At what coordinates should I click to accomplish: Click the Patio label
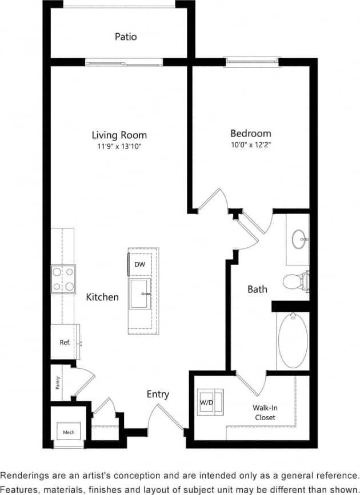click(x=126, y=37)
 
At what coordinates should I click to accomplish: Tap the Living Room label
click(x=119, y=135)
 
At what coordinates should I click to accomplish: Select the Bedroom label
click(x=251, y=134)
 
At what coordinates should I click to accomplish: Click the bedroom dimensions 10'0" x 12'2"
click(x=251, y=145)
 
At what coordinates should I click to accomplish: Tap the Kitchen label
click(x=103, y=297)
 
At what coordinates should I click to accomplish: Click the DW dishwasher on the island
click(x=139, y=265)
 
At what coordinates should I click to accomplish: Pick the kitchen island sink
click(x=141, y=293)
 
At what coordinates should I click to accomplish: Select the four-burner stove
click(x=63, y=279)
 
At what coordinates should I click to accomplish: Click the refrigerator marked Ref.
click(x=65, y=343)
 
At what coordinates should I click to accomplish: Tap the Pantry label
click(x=58, y=382)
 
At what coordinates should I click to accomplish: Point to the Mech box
click(x=69, y=432)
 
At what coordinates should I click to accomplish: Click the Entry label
click(x=158, y=394)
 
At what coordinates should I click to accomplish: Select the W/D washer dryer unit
click(x=206, y=403)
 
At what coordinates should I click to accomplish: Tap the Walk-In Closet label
click(x=265, y=413)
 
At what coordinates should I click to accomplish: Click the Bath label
click(x=257, y=289)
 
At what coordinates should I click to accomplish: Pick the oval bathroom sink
click(x=299, y=239)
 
